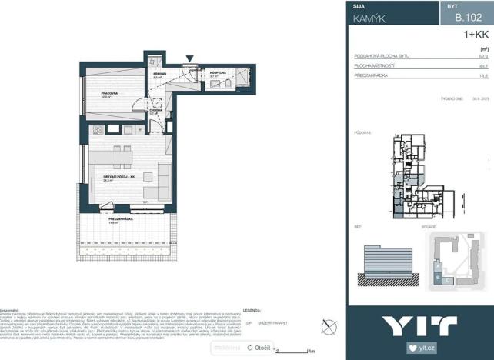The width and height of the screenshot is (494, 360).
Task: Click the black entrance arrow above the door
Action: (190, 56)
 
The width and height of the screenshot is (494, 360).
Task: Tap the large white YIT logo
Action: (419, 324)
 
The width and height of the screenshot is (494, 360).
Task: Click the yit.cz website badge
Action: (422, 348)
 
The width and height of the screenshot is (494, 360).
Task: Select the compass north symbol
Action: (329, 326)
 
